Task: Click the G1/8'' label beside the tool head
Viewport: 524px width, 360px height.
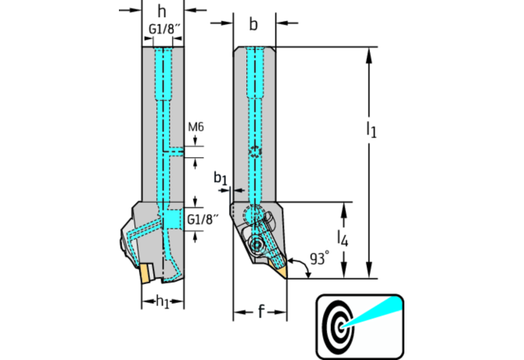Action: click(202, 220)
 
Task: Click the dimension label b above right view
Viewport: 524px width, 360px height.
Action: click(253, 24)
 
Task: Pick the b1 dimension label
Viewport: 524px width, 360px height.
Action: click(221, 179)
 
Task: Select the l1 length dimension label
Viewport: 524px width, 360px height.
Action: click(371, 129)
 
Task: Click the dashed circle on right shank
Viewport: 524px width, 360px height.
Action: click(255, 152)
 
